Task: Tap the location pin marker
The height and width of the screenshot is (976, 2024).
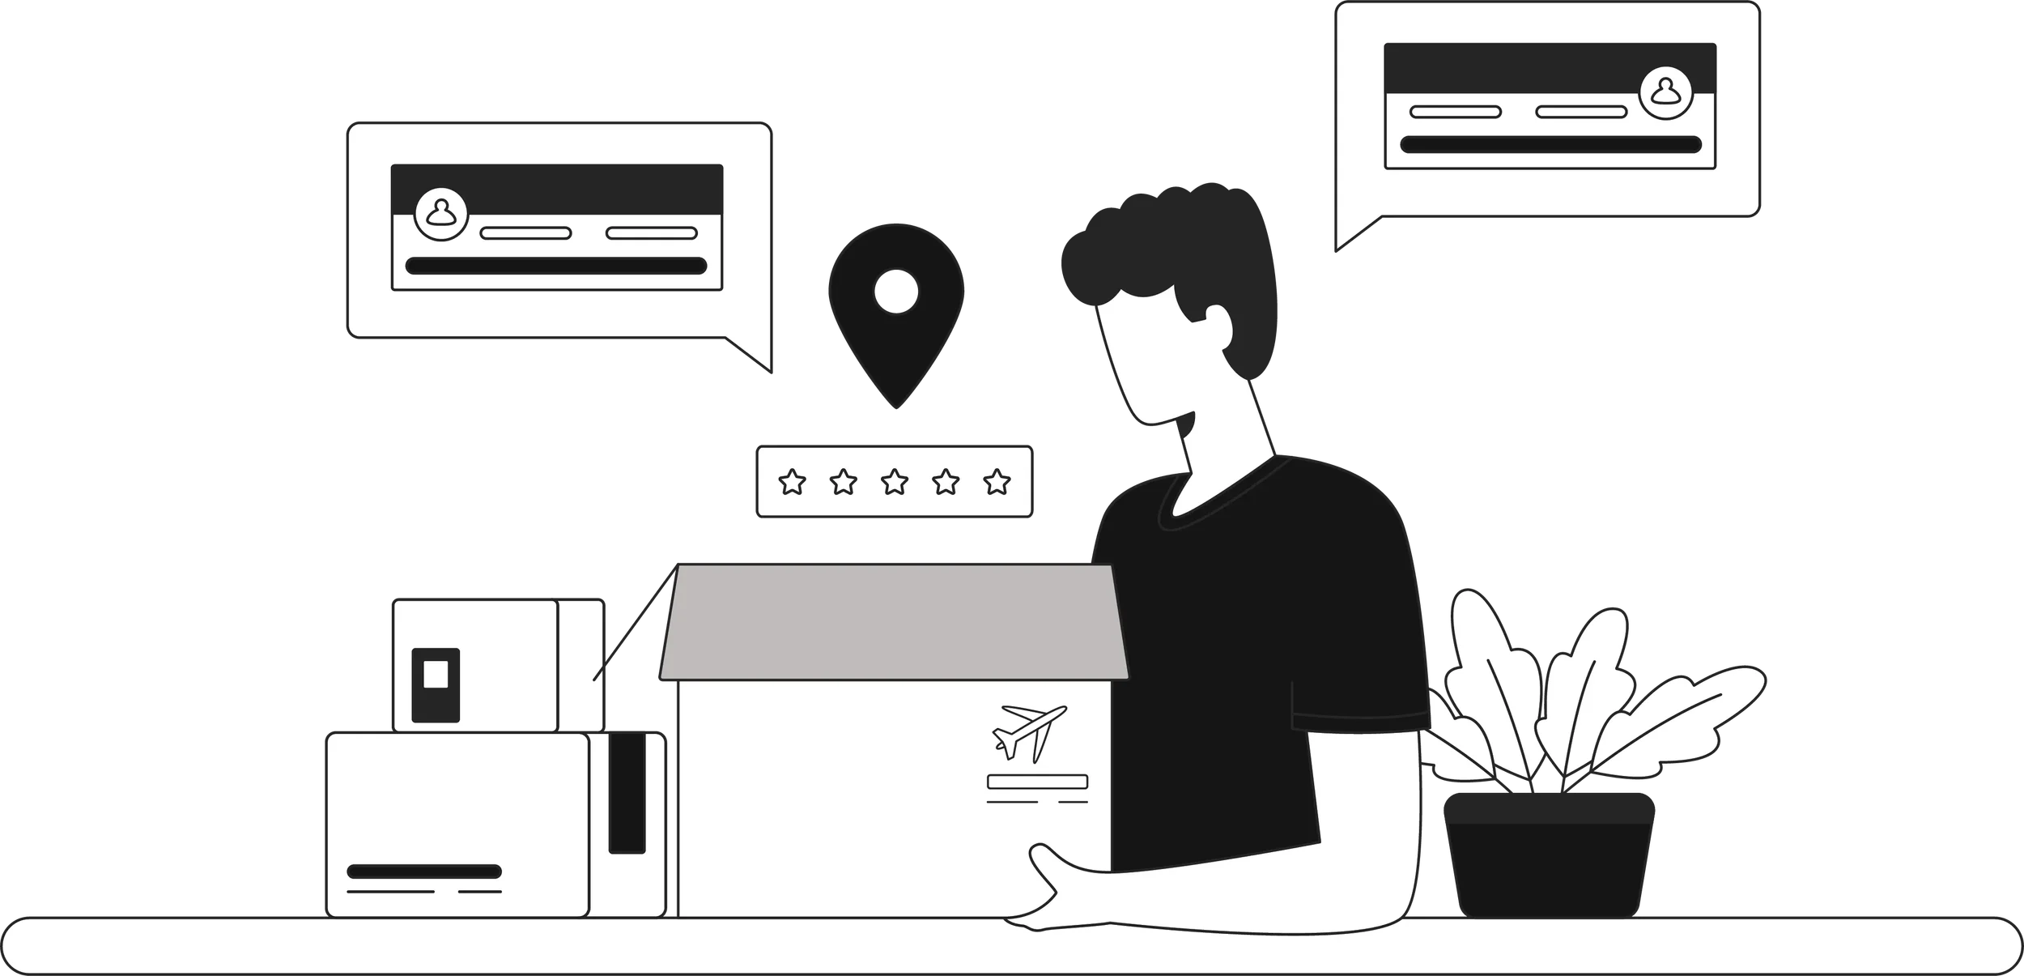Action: tap(895, 308)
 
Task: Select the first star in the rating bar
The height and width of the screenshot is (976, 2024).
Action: tap(792, 483)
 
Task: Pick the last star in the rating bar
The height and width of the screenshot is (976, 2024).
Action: tap(997, 483)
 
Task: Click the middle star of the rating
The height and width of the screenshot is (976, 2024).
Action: tap(895, 483)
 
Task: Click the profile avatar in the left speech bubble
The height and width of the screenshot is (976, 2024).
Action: tap(441, 214)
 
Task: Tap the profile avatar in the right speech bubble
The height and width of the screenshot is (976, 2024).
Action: tap(1665, 93)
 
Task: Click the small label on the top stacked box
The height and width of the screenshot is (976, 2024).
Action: tap(436, 684)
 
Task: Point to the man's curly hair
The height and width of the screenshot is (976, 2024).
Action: tap(1174, 243)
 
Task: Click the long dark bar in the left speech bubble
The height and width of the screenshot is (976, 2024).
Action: tap(556, 266)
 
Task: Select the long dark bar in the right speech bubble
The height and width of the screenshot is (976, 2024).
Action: tap(1550, 145)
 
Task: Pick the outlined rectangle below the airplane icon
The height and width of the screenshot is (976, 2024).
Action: tap(1037, 782)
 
